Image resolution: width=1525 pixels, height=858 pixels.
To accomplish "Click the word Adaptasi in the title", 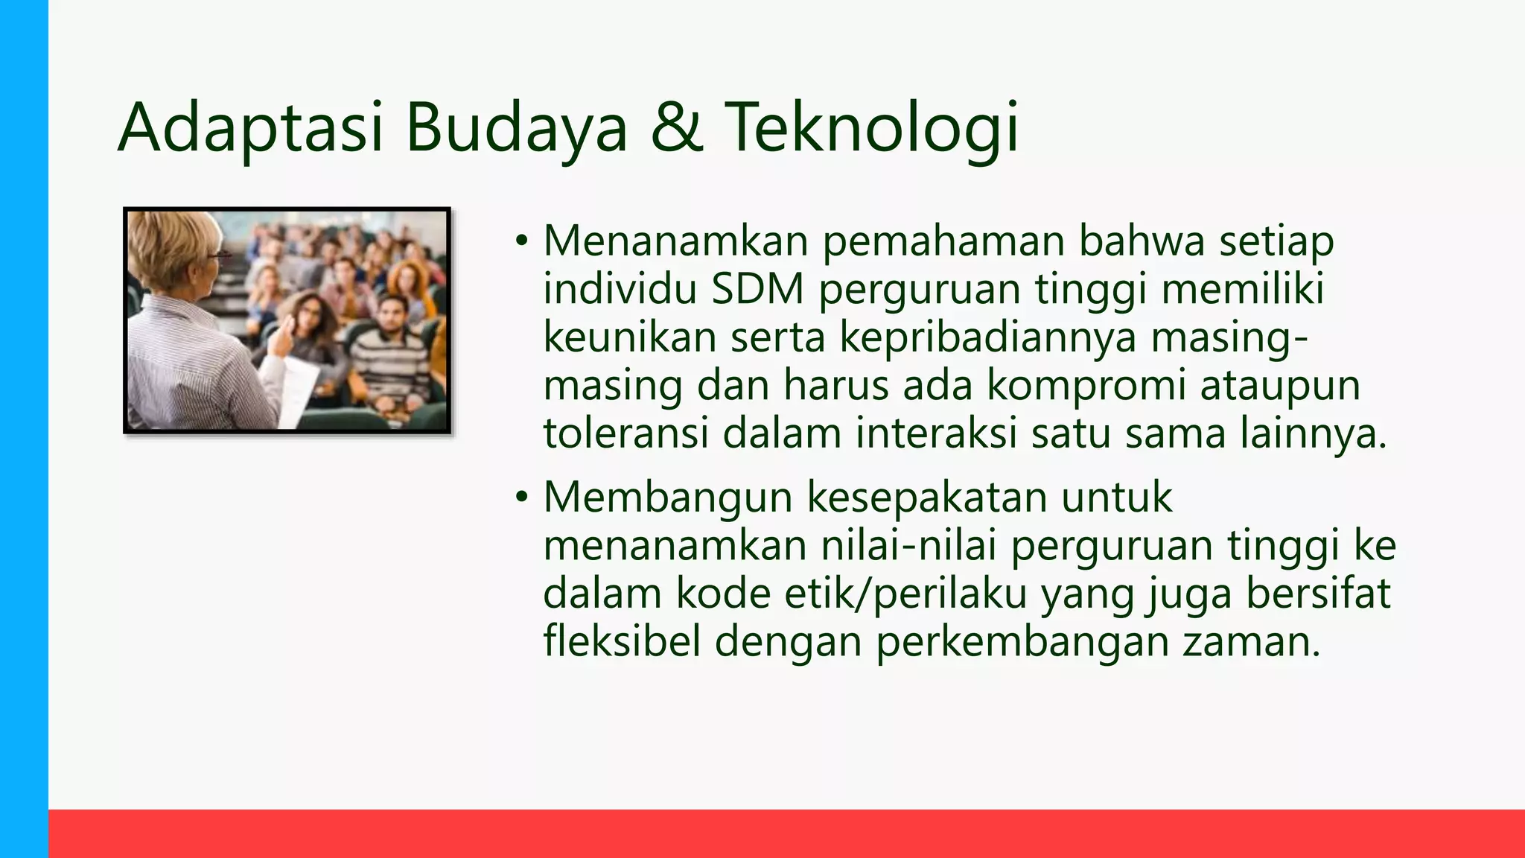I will pyautogui.click(x=250, y=128).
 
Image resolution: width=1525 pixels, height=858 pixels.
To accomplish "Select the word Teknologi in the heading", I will pyautogui.click(x=871, y=128).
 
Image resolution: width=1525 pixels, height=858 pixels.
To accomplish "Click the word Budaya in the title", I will pyautogui.click(x=517, y=128).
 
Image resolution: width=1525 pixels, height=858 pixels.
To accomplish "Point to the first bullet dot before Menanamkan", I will pyautogui.click(x=522, y=241).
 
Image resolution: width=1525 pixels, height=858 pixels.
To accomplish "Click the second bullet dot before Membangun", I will pyautogui.click(x=522, y=497).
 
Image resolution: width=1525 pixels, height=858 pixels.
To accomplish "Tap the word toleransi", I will pyautogui.click(x=625, y=433).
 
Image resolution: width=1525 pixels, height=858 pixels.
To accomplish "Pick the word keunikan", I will pyautogui.click(x=630, y=337).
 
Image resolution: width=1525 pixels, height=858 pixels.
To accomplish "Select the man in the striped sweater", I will pyautogui.click(x=392, y=350).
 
